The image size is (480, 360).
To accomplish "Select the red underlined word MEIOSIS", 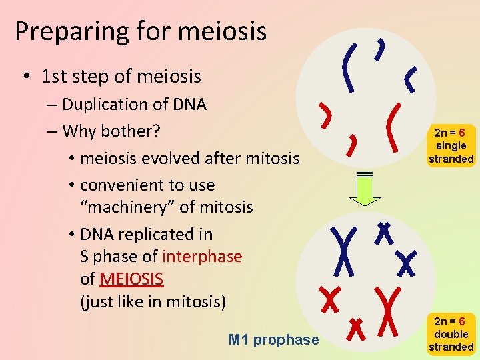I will (131, 278).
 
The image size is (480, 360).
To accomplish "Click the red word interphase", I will (202, 256).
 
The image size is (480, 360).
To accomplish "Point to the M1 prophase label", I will (273, 340).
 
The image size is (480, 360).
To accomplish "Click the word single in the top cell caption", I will (451, 145).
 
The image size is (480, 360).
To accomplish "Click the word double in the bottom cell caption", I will (451, 334).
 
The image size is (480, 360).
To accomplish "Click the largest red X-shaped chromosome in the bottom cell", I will (386, 311).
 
